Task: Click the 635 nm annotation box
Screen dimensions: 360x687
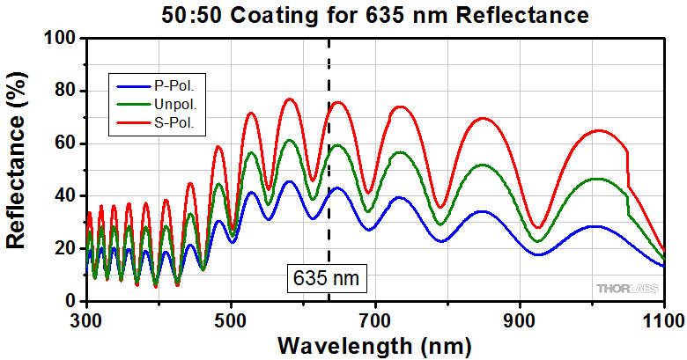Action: (x=327, y=277)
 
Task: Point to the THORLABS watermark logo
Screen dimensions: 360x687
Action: (x=626, y=288)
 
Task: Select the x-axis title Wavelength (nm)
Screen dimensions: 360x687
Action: (x=374, y=343)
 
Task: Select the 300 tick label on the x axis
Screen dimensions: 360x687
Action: (x=86, y=318)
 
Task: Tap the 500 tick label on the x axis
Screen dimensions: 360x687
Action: (x=231, y=318)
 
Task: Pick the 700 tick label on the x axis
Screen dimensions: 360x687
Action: (x=375, y=318)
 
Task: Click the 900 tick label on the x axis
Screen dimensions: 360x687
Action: (x=520, y=318)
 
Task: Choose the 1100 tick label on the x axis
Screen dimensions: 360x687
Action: (x=661, y=318)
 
